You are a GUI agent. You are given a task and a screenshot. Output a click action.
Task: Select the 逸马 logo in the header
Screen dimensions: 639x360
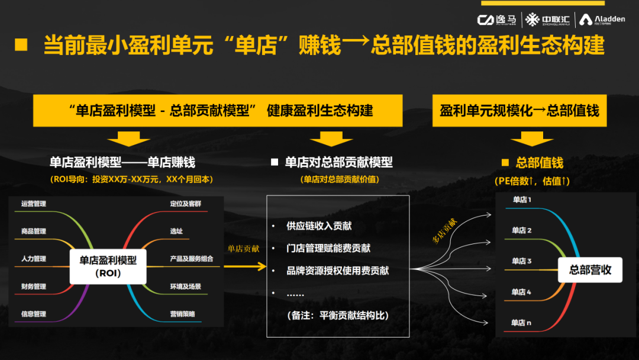(x=496, y=20)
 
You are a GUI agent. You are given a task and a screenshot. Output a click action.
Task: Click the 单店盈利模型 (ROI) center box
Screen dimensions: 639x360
(x=108, y=266)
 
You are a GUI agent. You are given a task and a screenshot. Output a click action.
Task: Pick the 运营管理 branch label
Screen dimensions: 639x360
(x=34, y=204)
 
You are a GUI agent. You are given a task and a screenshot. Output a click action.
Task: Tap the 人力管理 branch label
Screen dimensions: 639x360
(x=34, y=259)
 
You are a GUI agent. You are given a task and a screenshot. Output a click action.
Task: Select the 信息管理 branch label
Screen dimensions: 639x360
(x=34, y=314)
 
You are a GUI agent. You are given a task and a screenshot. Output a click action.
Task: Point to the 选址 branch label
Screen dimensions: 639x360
(x=176, y=231)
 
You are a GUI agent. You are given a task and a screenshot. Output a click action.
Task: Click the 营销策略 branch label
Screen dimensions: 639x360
(x=182, y=314)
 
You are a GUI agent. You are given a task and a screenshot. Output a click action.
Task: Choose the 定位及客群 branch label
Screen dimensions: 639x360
(x=185, y=204)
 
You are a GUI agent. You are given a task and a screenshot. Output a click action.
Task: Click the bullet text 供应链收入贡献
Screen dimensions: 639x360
(x=319, y=226)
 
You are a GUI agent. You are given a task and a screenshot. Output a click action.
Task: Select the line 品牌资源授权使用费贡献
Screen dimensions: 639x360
(x=338, y=271)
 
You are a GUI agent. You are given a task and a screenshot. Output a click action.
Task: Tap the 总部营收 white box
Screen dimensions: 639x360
(x=590, y=270)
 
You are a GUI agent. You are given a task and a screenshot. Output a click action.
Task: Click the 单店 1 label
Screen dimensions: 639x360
(x=522, y=200)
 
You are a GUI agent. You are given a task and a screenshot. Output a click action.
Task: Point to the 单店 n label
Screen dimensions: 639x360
(x=522, y=323)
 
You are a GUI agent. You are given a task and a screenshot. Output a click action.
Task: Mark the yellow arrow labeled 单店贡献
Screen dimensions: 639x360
(x=244, y=266)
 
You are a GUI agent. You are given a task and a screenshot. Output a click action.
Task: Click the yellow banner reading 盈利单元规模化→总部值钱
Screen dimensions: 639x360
(x=519, y=111)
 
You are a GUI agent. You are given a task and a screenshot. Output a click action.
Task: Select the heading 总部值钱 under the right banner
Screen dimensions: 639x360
(x=539, y=163)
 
